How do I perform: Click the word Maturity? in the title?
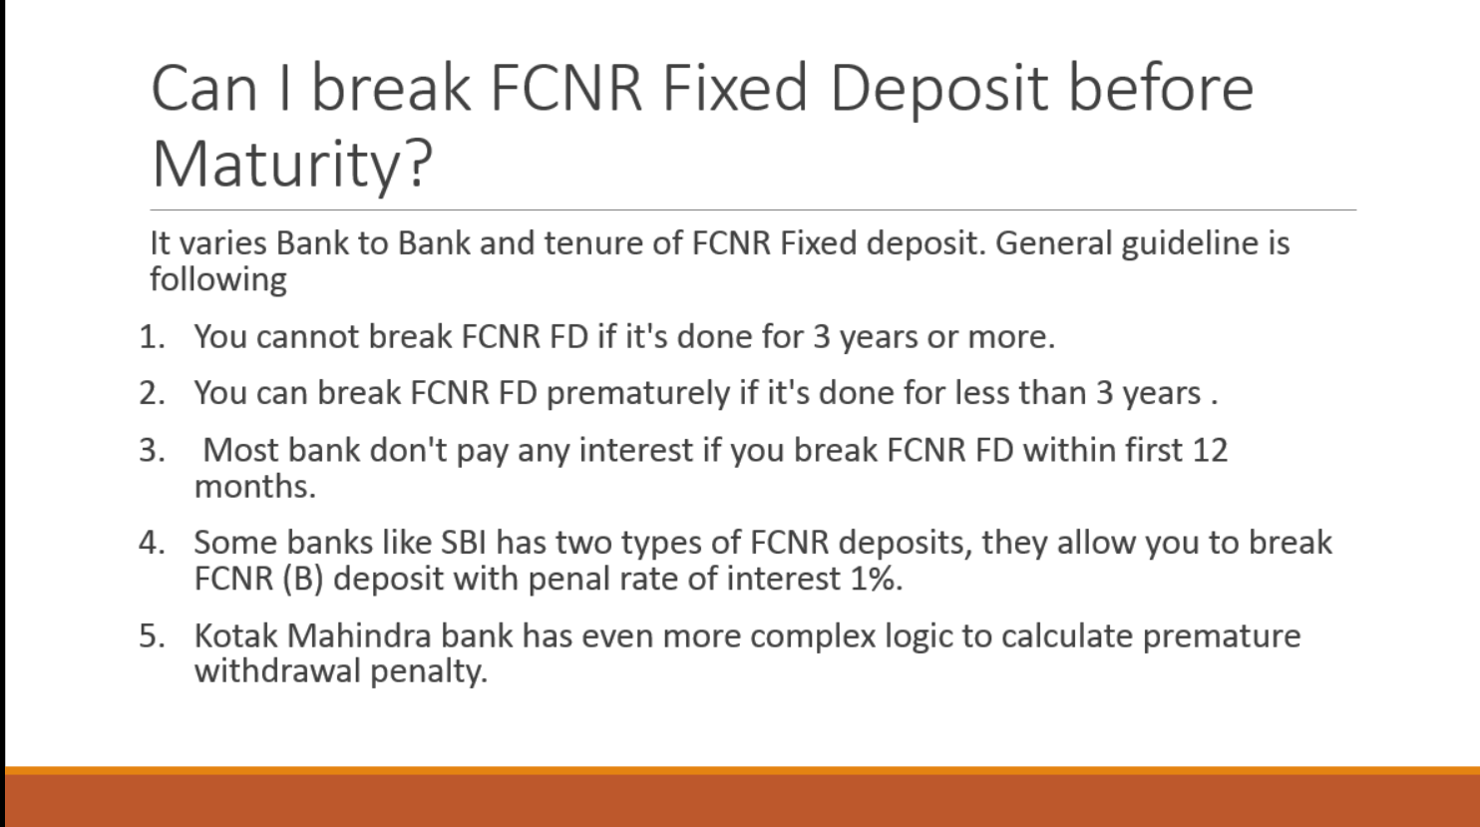tap(291, 163)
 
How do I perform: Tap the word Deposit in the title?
tap(938, 88)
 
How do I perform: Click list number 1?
tap(152, 337)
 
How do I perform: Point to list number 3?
tap(152, 450)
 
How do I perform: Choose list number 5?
tap(152, 635)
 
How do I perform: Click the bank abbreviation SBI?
tap(463, 543)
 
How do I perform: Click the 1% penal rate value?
tap(875, 579)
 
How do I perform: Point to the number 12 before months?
tap(1209, 450)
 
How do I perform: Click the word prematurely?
tap(638, 393)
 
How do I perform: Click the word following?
tap(218, 280)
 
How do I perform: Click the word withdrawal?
tap(277, 671)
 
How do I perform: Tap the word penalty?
tap(428, 672)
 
